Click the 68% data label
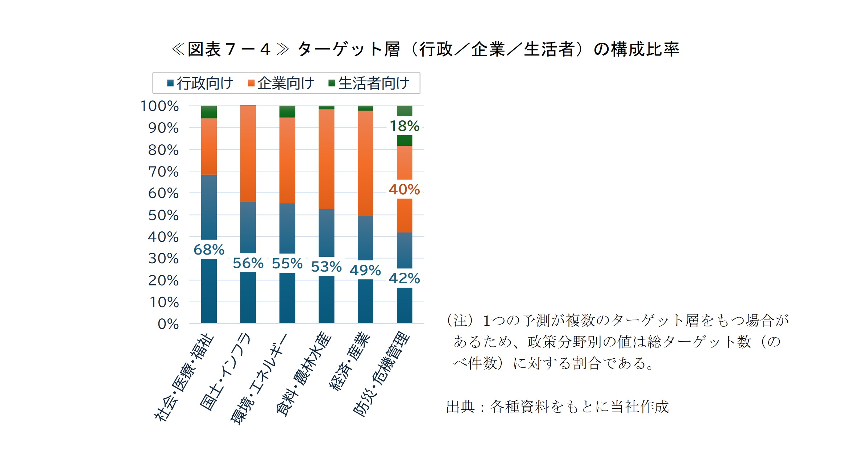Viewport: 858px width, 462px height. point(209,249)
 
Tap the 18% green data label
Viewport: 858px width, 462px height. point(404,126)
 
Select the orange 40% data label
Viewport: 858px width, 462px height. point(404,189)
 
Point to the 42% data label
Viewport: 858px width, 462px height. point(404,278)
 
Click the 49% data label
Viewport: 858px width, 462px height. point(365,270)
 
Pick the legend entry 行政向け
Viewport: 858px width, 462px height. point(200,83)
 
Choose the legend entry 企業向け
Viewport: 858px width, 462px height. point(281,83)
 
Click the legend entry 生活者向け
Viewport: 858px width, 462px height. point(369,83)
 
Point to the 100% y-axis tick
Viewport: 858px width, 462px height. point(159,106)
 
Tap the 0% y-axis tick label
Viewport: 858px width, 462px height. point(168,324)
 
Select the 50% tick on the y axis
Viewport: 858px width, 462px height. point(163,215)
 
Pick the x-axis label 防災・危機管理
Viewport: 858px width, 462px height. point(381,374)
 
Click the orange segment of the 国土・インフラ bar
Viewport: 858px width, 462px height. point(248,154)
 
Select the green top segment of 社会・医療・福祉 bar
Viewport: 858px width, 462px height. point(209,112)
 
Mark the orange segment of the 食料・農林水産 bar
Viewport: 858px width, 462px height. point(326,159)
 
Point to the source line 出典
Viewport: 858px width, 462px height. point(460,407)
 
